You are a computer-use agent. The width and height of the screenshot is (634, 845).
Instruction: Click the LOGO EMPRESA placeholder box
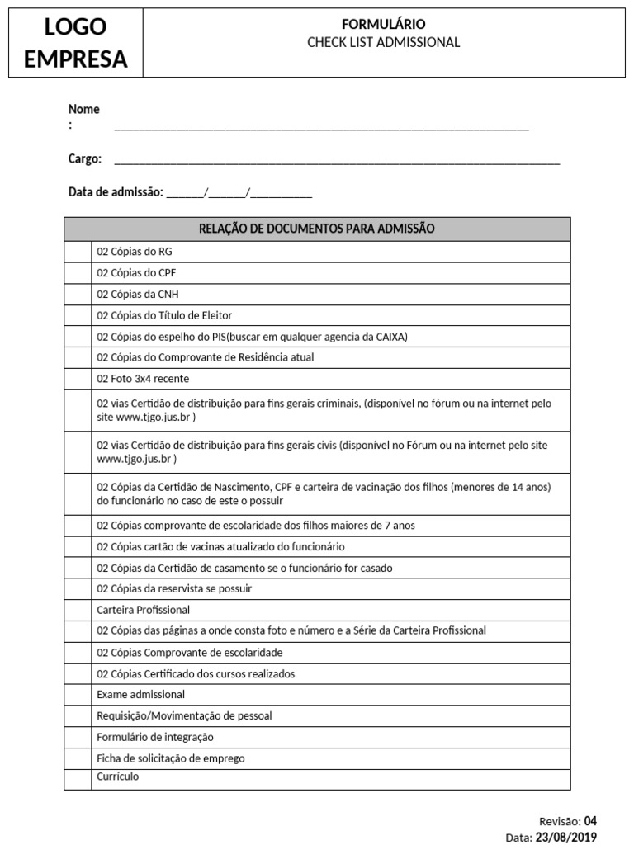[x=76, y=43]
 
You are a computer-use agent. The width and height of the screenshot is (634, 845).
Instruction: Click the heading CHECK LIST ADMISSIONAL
[x=383, y=42]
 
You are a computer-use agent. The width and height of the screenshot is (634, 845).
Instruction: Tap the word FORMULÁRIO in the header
[x=384, y=25]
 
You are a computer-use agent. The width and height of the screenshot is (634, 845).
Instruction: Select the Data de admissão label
[x=116, y=192]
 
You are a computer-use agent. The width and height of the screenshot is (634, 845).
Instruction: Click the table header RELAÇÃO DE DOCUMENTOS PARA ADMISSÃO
[x=317, y=229]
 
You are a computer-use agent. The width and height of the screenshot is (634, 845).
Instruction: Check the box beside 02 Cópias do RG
[x=78, y=252]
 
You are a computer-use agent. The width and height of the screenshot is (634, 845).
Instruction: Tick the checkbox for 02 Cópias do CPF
[x=78, y=273]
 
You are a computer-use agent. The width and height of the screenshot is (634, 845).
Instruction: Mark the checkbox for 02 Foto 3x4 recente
[x=78, y=379]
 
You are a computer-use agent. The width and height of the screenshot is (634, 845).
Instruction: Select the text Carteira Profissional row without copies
[x=143, y=610]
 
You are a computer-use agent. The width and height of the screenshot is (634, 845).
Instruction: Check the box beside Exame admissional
[x=78, y=695]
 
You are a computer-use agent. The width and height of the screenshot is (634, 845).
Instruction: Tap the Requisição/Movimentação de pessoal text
[x=184, y=715]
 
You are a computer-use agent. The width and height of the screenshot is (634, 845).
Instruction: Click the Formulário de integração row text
[x=154, y=737]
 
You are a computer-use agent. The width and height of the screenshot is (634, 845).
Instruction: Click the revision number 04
[x=589, y=821]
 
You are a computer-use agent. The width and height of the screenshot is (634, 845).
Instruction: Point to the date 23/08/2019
[x=565, y=837]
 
